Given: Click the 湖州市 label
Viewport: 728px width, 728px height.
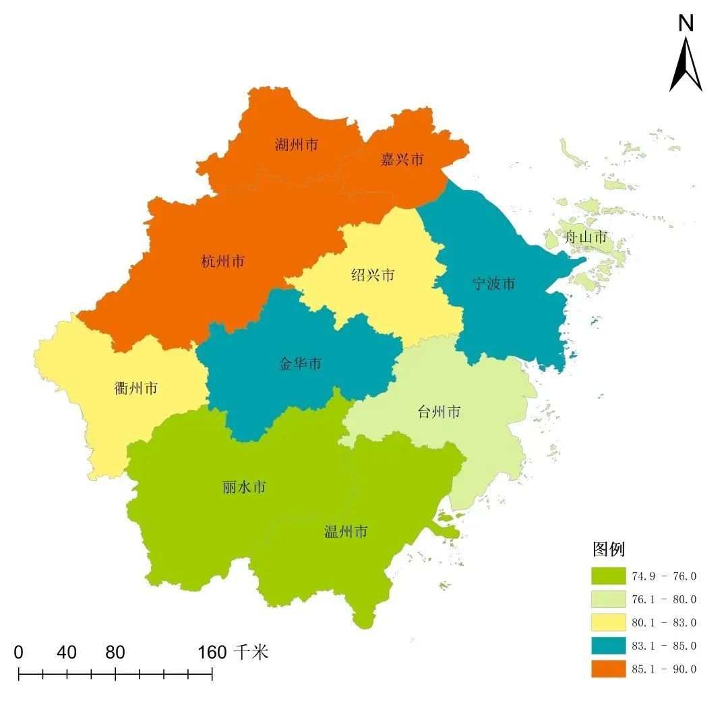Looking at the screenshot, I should click(x=296, y=144).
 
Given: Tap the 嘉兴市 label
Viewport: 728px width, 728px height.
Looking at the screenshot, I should click(x=402, y=160).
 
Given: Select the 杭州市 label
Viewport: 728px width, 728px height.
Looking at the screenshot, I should click(x=222, y=262).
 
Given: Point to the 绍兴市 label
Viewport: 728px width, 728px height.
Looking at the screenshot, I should click(x=373, y=275).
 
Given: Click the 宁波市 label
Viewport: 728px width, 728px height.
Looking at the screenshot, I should click(x=493, y=284).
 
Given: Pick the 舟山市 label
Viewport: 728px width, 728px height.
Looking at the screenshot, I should click(x=585, y=237).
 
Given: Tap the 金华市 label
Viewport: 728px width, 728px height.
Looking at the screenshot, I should click(x=300, y=364).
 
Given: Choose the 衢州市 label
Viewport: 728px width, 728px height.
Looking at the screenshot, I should click(x=136, y=388).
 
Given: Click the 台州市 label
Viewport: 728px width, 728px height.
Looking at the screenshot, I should click(x=439, y=411).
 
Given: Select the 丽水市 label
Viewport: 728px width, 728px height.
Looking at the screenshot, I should click(x=243, y=487).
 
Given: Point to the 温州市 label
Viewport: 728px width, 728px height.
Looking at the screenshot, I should click(x=346, y=532).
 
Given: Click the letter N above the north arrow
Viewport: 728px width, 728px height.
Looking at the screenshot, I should click(x=686, y=24).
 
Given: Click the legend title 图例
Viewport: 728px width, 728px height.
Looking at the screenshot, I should click(x=609, y=549).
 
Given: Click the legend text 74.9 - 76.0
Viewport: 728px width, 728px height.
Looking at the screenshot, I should click(x=664, y=576).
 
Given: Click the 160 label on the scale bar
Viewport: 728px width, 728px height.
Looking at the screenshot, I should click(x=212, y=652).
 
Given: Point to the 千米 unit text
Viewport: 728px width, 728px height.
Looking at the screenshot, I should click(x=251, y=652).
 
